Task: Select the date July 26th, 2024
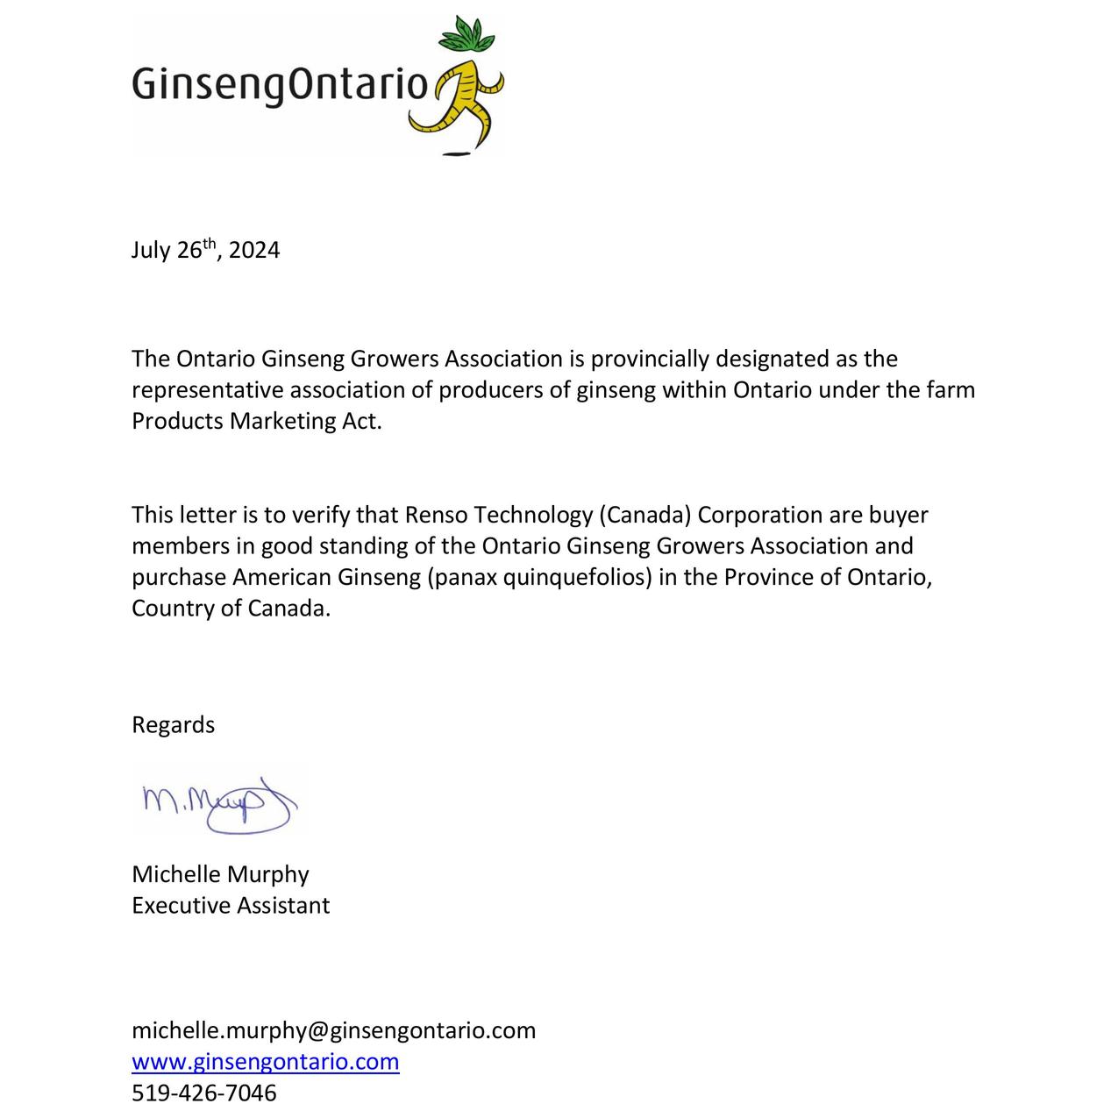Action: tap(205, 250)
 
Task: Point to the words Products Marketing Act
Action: tap(256, 421)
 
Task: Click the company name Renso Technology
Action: tap(497, 515)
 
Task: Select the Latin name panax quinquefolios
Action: tap(540, 577)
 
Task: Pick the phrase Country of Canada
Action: tap(231, 609)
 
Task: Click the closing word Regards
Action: tap(173, 725)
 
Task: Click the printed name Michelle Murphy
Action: tap(220, 874)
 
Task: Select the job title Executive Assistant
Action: tap(231, 906)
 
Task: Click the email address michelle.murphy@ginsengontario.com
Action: tap(333, 1030)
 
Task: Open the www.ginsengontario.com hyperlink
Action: tap(266, 1062)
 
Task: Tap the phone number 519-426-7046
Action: tap(203, 1093)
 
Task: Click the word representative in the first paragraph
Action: tap(207, 390)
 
